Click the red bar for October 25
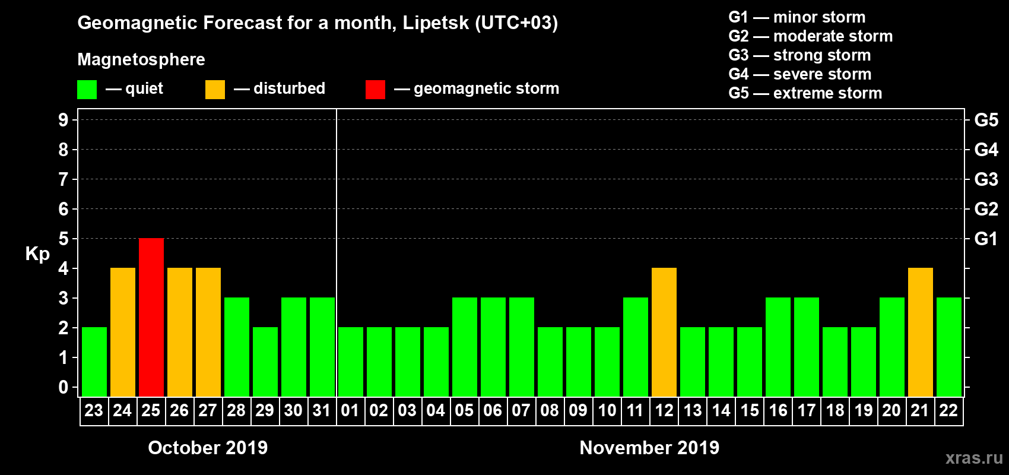[x=151, y=317]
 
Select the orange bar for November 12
[x=664, y=332]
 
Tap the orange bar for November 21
[x=921, y=332]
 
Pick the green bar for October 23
[x=94, y=362]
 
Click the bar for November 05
[x=465, y=347]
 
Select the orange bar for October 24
[x=123, y=332]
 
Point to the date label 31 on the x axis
[x=322, y=410]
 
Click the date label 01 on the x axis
[x=350, y=410]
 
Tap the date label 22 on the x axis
[x=948, y=410]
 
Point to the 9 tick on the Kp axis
[x=64, y=120]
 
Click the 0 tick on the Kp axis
[x=64, y=387]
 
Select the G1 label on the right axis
[x=986, y=239]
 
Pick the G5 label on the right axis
[x=986, y=120]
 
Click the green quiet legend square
[x=87, y=90]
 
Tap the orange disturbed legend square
[x=215, y=90]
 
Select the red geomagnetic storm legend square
[x=375, y=90]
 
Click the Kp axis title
[x=37, y=254]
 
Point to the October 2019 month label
[x=208, y=447]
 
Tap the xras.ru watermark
[x=974, y=458]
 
